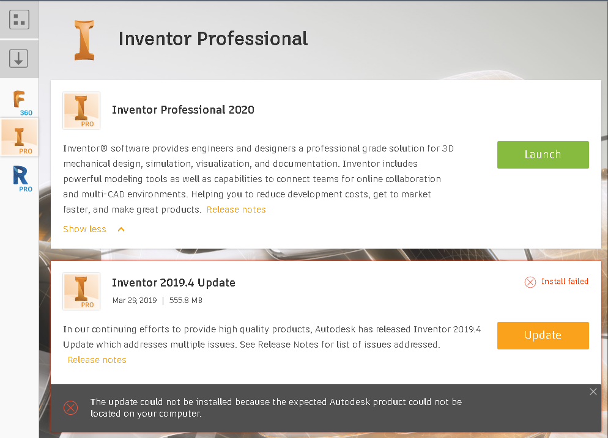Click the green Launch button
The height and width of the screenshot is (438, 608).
pyautogui.click(x=543, y=155)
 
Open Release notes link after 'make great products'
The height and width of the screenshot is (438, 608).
pyautogui.click(x=236, y=210)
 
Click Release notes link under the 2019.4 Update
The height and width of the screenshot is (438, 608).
pyautogui.click(x=97, y=360)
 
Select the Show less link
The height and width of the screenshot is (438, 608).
pyautogui.click(x=85, y=229)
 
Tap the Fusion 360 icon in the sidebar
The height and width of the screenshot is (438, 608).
pyautogui.click(x=20, y=101)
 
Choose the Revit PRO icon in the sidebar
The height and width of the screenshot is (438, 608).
pyautogui.click(x=20, y=178)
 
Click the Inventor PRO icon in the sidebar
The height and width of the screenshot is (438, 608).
pyautogui.click(x=20, y=138)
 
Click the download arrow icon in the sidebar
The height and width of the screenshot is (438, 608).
pyautogui.click(x=19, y=59)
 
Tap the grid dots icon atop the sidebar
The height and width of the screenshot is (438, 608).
pyautogui.click(x=19, y=20)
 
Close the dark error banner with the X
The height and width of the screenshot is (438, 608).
pyautogui.click(x=593, y=392)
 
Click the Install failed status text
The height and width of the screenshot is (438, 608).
pyautogui.click(x=565, y=282)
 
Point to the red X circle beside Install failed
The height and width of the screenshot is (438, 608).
pyautogui.click(x=530, y=282)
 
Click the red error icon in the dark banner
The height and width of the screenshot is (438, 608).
pyautogui.click(x=71, y=407)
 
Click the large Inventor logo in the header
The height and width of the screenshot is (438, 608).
pyautogui.click(x=84, y=40)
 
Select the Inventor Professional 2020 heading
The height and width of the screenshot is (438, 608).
pyautogui.click(x=183, y=110)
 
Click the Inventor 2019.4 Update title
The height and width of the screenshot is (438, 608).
pyautogui.click(x=174, y=283)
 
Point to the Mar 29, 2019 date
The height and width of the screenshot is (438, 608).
pyautogui.click(x=135, y=301)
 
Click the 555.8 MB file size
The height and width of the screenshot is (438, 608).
pyautogui.click(x=185, y=301)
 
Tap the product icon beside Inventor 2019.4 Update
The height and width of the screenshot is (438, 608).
pyautogui.click(x=81, y=291)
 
